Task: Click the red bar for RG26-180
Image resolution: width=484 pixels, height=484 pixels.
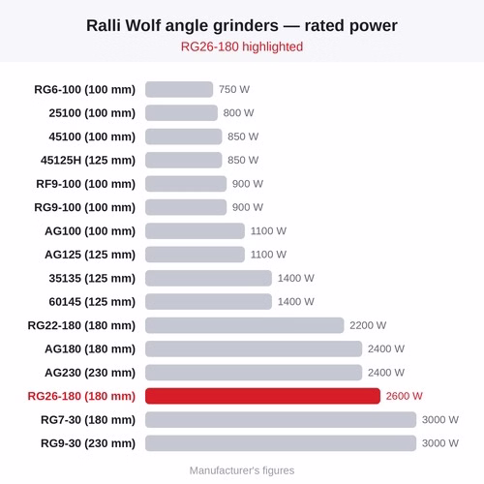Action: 262,396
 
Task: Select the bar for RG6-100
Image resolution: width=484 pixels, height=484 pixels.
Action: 179,89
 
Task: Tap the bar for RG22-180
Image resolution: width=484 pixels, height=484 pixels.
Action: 245,325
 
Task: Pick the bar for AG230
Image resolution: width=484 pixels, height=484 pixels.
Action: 254,373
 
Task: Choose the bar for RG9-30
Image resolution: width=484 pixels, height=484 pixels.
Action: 281,443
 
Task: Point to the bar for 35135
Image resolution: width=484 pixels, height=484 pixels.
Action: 208,278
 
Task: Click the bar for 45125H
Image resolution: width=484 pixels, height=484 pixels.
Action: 184,160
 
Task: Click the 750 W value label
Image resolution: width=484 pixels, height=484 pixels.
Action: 234,89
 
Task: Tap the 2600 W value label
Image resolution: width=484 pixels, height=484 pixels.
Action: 405,396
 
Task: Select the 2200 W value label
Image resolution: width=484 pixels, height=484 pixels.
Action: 368,325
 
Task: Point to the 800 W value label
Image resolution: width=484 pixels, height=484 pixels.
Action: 239,113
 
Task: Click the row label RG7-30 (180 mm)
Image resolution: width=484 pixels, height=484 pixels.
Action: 88,420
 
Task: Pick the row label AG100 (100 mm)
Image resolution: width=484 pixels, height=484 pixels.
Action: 90,231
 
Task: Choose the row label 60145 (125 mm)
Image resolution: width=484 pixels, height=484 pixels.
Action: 92,302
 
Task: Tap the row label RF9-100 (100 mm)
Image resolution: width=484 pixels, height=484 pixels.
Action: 86,184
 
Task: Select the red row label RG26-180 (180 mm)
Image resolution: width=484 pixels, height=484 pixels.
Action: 81,396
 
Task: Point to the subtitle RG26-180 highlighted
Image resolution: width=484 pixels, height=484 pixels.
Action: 242,46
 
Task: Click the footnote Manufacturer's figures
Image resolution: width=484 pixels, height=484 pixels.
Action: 242,470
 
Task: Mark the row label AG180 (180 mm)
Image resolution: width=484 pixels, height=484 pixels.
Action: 90,349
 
